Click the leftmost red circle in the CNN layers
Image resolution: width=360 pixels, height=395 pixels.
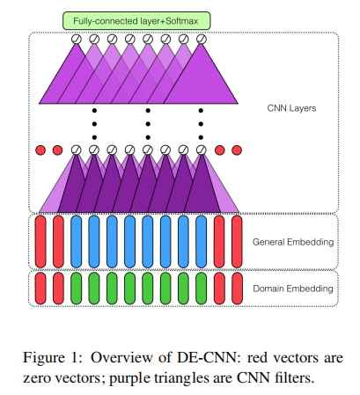[x=40, y=150]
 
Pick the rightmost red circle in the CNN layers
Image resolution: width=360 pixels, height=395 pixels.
[x=236, y=150]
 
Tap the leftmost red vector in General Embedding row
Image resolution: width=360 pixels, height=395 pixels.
[x=40, y=240]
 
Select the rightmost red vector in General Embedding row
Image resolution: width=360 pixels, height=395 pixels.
[x=236, y=240]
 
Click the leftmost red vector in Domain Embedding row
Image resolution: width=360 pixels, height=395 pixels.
[x=40, y=289]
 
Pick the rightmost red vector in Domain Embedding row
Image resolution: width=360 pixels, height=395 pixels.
[x=236, y=289]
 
